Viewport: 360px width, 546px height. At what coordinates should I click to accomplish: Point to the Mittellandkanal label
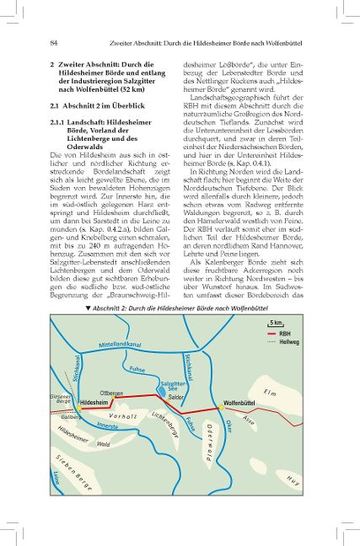119,345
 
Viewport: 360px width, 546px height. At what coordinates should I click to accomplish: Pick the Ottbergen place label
111,393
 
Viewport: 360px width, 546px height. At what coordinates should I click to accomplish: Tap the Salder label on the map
176,396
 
